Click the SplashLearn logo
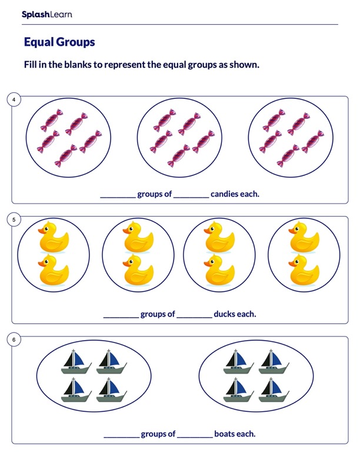[46, 14]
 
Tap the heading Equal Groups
[59, 42]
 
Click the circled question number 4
[14, 99]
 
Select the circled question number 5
[14, 219]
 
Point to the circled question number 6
[14, 339]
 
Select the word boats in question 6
[225, 434]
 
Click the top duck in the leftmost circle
[54, 237]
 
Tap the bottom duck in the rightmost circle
[304, 270]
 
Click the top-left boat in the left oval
[76, 362]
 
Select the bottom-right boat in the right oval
[274, 390]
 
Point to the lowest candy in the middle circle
[179, 156]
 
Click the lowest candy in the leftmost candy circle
[66, 156]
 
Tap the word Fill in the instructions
[31, 65]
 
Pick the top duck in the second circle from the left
[138, 237]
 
